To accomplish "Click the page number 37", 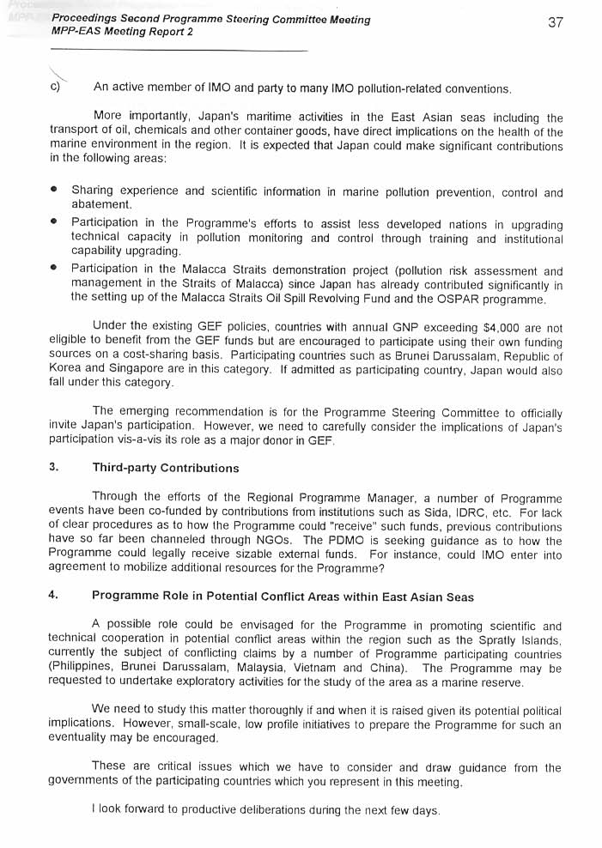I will [x=555, y=23].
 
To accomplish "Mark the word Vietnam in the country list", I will [x=319, y=669].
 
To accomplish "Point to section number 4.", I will [x=53, y=597].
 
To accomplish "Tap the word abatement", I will [x=101, y=204].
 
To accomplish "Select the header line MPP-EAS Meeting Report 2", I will [x=122, y=32].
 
